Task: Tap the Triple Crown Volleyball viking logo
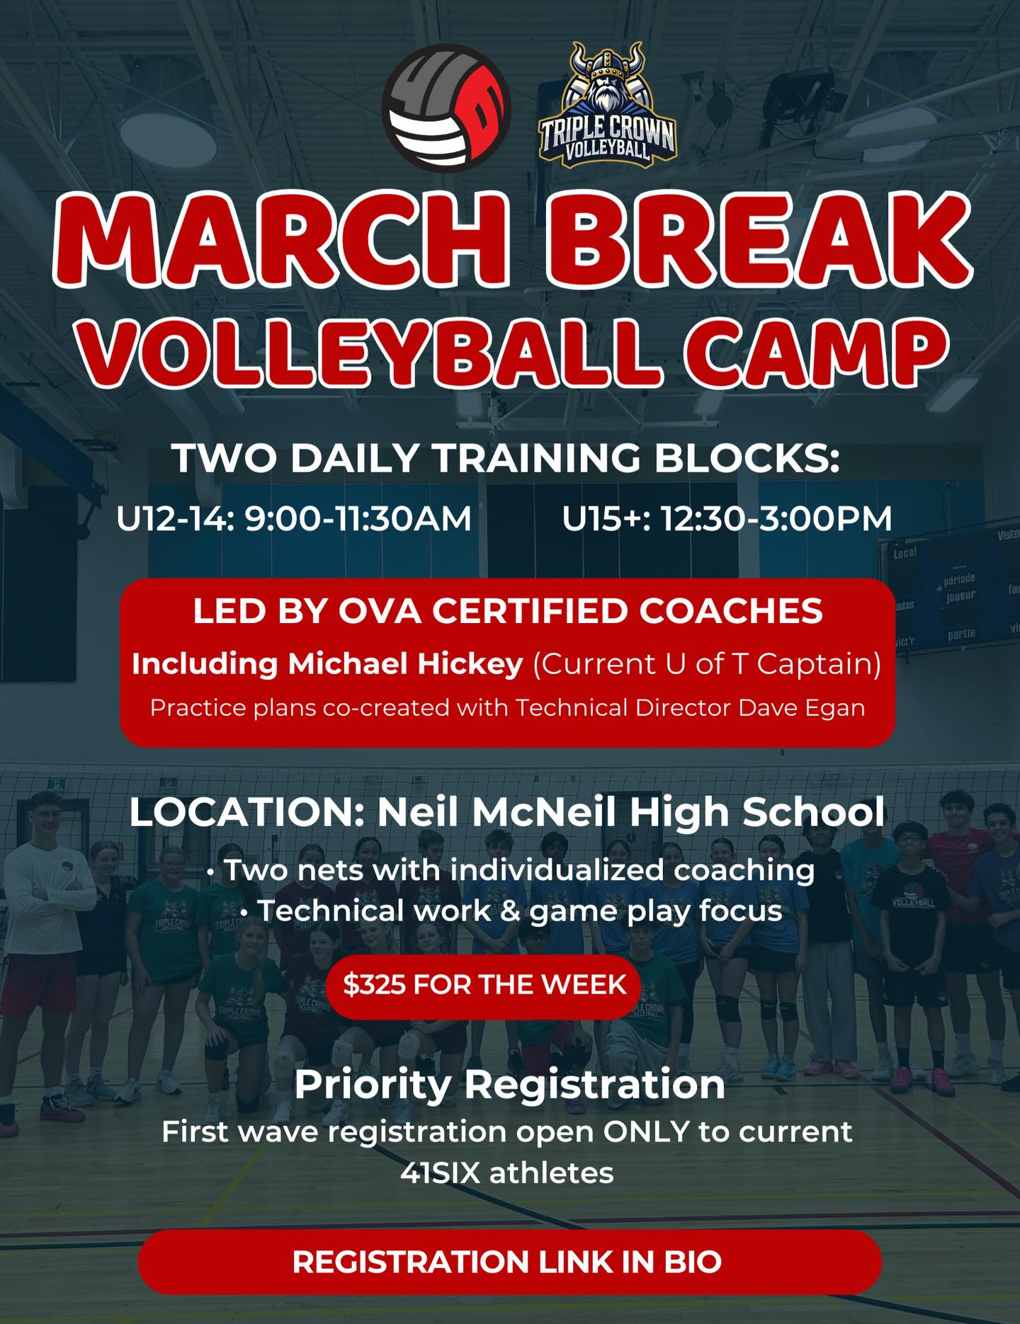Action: [x=607, y=106]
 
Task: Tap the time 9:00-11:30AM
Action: [x=358, y=519]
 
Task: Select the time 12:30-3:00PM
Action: [x=776, y=519]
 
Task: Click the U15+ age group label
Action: [x=606, y=519]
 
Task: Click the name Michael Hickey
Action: [x=405, y=664]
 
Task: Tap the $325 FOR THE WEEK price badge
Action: [x=484, y=985]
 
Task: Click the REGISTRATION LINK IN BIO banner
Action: [x=509, y=1262]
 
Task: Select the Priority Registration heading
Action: [x=509, y=1084]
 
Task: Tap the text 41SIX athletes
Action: [x=507, y=1173]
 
